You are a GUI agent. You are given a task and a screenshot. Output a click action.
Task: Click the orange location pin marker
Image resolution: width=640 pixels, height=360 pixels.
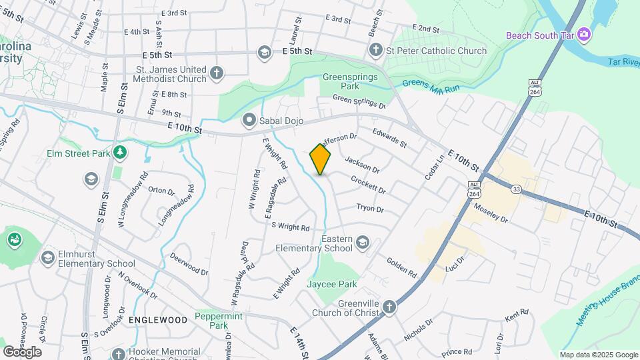pyautogui.click(x=320, y=159)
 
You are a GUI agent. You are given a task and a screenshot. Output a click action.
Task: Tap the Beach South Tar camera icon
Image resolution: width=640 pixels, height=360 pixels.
pyautogui.click(x=584, y=34)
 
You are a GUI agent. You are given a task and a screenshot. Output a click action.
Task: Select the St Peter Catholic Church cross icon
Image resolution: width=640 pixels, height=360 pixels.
pyautogui.click(x=375, y=51)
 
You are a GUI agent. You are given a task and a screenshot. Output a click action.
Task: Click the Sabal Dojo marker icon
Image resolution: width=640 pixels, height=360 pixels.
pyautogui.click(x=249, y=120)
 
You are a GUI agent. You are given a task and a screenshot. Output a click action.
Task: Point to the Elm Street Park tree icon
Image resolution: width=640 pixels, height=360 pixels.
pyautogui.click(x=120, y=153)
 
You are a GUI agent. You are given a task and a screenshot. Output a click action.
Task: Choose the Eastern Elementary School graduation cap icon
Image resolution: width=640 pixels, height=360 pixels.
pyautogui.click(x=363, y=241)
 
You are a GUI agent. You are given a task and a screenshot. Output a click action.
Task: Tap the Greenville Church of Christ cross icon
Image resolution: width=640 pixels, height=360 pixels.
pyautogui.click(x=389, y=307)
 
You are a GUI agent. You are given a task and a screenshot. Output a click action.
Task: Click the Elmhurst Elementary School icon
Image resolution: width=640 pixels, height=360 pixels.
pyautogui.click(x=47, y=257)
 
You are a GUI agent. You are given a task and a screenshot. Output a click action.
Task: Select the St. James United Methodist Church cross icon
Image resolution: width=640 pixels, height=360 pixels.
pyautogui.click(x=216, y=73)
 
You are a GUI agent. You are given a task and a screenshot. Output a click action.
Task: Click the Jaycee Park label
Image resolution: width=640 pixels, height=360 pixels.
pyautogui.click(x=332, y=284)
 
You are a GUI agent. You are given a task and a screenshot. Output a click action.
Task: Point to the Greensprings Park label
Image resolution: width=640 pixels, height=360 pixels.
pyautogui.click(x=350, y=81)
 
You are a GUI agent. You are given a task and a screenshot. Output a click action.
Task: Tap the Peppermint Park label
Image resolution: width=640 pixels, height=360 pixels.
pyautogui.click(x=218, y=321)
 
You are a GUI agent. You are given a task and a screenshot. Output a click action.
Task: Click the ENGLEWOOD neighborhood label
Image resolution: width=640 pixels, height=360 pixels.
pyautogui.click(x=157, y=320)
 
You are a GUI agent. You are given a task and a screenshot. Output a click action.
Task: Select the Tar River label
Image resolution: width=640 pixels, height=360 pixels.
pyautogui.click(x=623, y=61)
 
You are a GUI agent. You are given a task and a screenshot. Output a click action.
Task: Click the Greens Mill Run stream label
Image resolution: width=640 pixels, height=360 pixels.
pyautogui.click(x=431, y=85)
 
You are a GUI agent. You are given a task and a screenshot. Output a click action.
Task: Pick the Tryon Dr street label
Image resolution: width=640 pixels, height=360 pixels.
pyautogui.click(x=370, y=209)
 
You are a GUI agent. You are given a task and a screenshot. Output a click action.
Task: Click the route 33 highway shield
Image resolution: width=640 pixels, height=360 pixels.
pyautogui.click(x=516, y=189)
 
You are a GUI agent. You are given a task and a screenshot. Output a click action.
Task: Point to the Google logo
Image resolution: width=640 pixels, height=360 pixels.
pyautogui.click(x=22, y=352)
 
